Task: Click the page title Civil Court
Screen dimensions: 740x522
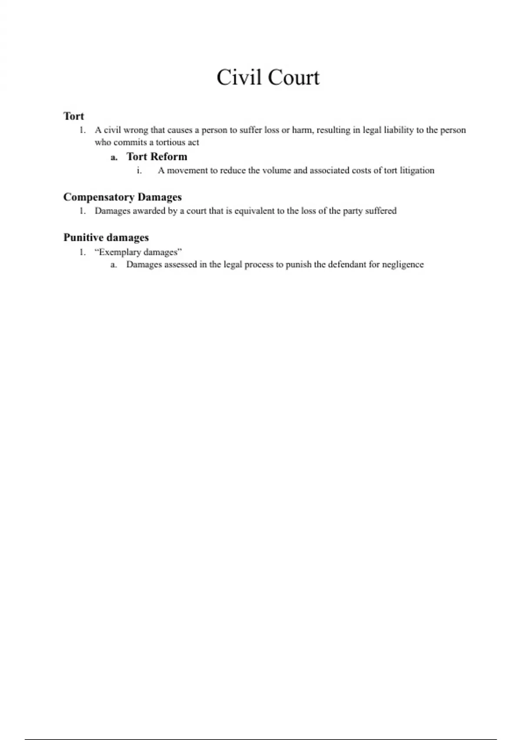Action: click(268, 77)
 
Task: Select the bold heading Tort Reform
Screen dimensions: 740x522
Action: click(157, 157)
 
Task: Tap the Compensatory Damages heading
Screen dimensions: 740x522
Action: click(122, 197)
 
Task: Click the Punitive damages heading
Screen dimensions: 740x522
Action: click(106, 238)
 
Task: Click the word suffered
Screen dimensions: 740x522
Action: click(381, 211)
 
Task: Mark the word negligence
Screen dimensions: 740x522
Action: click(403, 265)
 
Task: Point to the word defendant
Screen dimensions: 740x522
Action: click(346, 265)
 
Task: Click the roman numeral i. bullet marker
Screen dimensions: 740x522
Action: click(139, 171)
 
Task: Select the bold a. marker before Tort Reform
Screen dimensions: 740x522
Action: click(114, 158)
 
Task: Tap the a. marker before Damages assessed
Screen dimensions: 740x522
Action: click(114, 265)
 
